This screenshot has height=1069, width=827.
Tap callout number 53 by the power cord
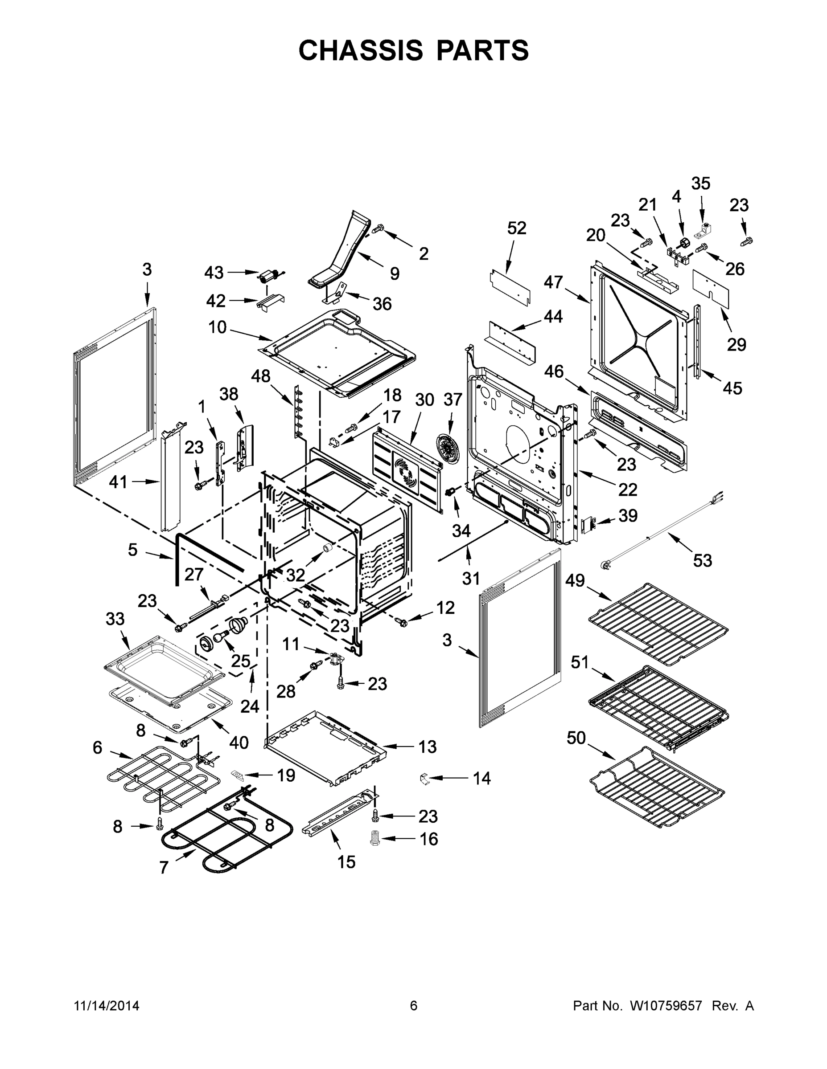pyautogui.click(x=702, y=560)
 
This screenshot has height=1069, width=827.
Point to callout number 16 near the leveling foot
pyautogui.click(x=429, y=839)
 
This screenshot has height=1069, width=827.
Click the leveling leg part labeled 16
pyautogui.click(x=375, y=837)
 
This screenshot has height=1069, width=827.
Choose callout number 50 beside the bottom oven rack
pyautogui.click(x=576, y=738)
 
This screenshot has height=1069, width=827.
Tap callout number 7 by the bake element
pyautogui.click(x=164, y=868)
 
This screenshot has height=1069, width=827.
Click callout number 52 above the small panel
pyautogui.click(x=516, y=228)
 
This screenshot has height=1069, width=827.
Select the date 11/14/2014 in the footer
pyautogui.click(x=106, y=1005)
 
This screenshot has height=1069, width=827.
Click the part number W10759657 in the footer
pyautogui.click(x=665, y=1005)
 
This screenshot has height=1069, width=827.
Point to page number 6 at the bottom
pyautogui.click(x=414, y=1005)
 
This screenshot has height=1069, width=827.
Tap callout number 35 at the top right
pyautogui.click(x=700, y=184)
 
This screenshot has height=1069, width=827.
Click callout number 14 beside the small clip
pyautogui.click(x=481, y=778)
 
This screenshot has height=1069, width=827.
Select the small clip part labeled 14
pyautogui.click(x=425, y=778)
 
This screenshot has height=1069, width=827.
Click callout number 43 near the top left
pyautogui.click(x=214, y=273)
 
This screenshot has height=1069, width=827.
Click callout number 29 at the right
pyautogui.click(x=736, y=345)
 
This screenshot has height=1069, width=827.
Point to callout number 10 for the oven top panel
pyautogui.click(x=218, y=327)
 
